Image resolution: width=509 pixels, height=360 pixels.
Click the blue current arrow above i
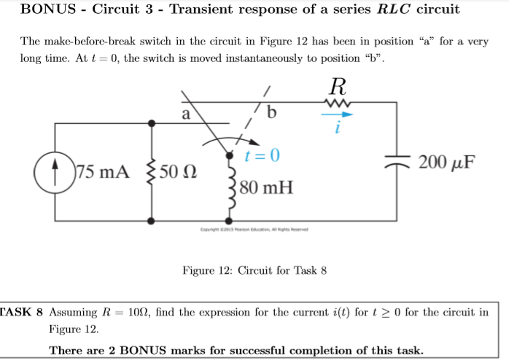(x=336, y=114)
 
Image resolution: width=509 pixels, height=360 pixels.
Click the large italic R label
(x=338, y=85)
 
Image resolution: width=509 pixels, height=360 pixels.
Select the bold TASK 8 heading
(x=22, y=313)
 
